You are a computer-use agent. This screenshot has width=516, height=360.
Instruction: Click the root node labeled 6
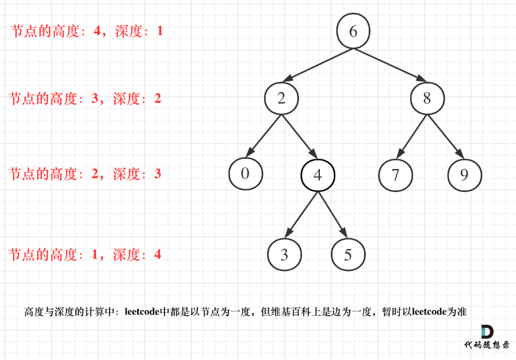pyautogui.click(x=353, y=31)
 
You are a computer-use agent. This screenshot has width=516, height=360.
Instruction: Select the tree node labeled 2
pyautogui.click(x=281, y=98)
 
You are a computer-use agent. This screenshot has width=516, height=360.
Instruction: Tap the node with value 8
pyautogui.click(x=427, y=98)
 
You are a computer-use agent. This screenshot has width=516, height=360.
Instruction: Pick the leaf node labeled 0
pyautogui.click(x=245, y=173)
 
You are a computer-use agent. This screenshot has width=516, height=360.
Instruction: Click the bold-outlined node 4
pyautogui.click(x=318, y=175)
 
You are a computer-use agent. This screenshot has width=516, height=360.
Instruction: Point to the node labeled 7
pyautogui.click(x=395, y=175)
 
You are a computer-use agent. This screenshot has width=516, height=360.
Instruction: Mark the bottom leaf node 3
pyautogui.click(x=284, y=255)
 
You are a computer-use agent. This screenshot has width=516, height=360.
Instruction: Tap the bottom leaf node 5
pyautogui.click(x=348, y=255)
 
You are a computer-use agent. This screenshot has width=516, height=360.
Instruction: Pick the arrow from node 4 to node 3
pyautogui.click(x=302, y=215)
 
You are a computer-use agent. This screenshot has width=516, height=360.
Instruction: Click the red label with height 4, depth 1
pyautogui.click(x=87, y=31)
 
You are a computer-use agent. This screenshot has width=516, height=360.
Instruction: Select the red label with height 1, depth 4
pyautogui.click(x=85, y=254)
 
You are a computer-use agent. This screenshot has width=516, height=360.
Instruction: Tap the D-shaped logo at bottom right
pyautogui.click(x=487, y=332)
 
